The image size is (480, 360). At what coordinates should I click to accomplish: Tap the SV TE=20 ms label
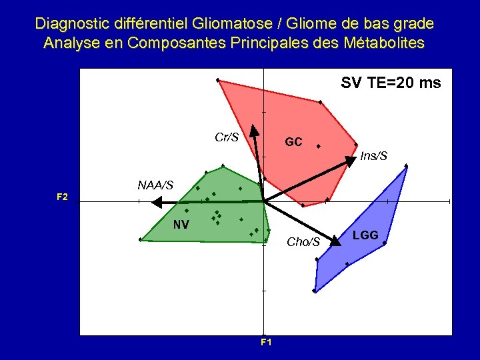pos(391,83)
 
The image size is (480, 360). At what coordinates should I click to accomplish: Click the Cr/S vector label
pos(227,138)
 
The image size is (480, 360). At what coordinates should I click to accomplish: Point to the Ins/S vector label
pos(373,156)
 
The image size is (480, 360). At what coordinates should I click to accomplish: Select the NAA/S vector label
pos(155,185)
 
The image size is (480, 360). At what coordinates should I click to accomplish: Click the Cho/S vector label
pos(303,242)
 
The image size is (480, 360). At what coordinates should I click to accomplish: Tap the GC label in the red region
pos(293,142)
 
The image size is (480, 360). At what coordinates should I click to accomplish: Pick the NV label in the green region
pos(181,225)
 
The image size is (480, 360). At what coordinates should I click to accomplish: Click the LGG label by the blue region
pos(365,235)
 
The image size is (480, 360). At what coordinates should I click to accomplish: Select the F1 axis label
pos(266,343)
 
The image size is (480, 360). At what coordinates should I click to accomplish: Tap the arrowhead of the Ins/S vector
pos(351,161)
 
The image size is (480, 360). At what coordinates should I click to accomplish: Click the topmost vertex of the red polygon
pos(218,80)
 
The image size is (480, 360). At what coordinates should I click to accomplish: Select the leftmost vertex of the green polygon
pos(140,239)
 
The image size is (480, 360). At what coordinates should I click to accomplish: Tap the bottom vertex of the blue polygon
pos(314,291)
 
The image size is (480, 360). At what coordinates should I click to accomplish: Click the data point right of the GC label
pos(319,146)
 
